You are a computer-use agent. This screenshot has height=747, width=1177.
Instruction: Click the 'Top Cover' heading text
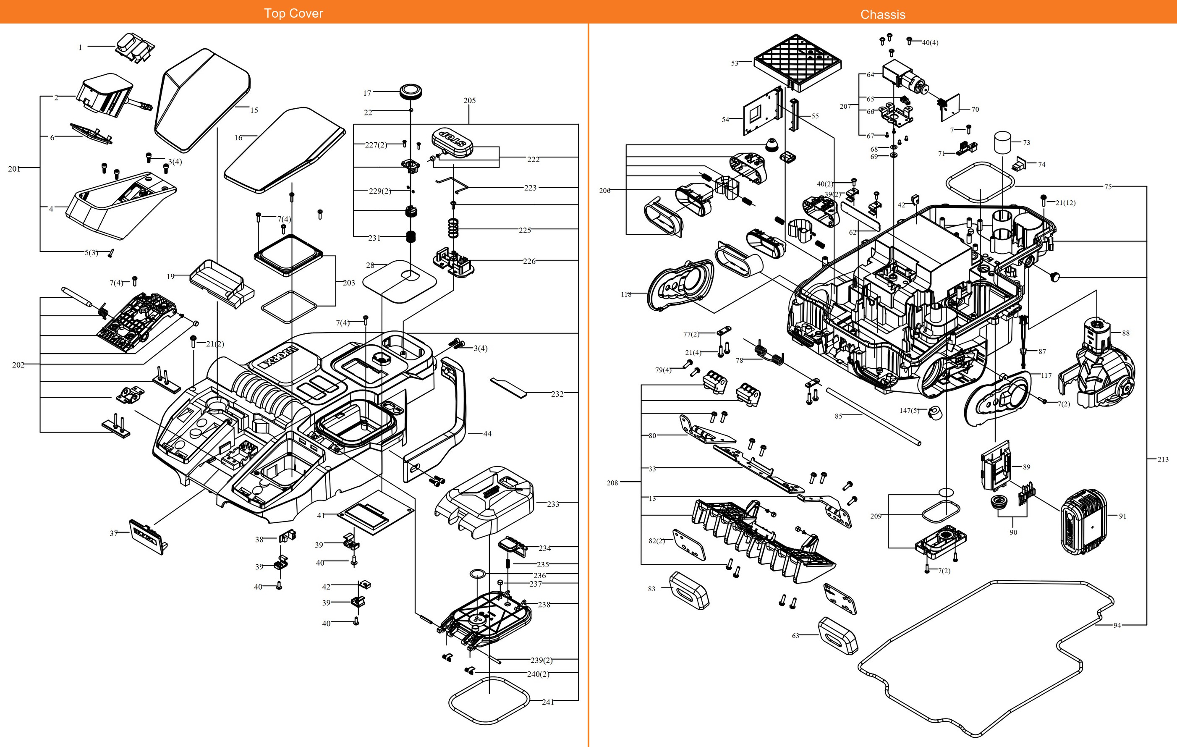[293, 13]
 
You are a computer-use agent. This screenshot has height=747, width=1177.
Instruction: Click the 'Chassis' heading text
[882, 14]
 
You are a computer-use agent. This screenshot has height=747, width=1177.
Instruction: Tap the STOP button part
[452, 142]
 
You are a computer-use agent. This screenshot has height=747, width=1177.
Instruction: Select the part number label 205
[469, 100]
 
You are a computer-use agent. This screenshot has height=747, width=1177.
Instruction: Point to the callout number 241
[547, 702]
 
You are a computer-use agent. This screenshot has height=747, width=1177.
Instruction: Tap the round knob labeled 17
[411, 92]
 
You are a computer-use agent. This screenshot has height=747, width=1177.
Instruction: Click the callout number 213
[1163, 459]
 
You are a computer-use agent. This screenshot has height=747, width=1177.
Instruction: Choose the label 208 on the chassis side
[612, 482]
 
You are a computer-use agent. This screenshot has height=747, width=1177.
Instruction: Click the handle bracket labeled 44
[440, 420]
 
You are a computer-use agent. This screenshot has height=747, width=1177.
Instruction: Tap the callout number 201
[14, 169]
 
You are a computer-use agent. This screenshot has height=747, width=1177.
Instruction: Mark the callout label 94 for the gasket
[1117, 625]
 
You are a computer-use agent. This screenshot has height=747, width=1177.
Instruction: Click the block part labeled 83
[689, 590]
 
